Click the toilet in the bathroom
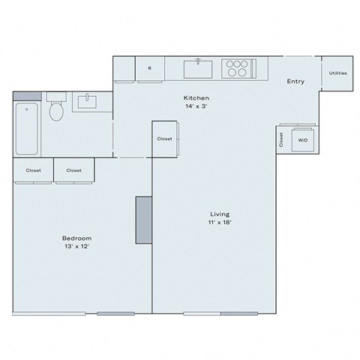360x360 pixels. [55, 112]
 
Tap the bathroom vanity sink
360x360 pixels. [88, 100]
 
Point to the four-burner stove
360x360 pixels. [237, 68]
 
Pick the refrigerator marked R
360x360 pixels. [150, 69]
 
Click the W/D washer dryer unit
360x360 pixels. [303, 139]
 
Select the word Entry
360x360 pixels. [295, 82]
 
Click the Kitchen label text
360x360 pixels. [196, 98]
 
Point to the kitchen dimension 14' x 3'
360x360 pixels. [196, 106]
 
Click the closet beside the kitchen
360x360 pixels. [165, 139]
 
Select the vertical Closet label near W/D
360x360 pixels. [282, 139]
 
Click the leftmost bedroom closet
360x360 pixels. [34, 170]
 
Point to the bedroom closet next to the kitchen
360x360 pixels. [73, 170]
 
